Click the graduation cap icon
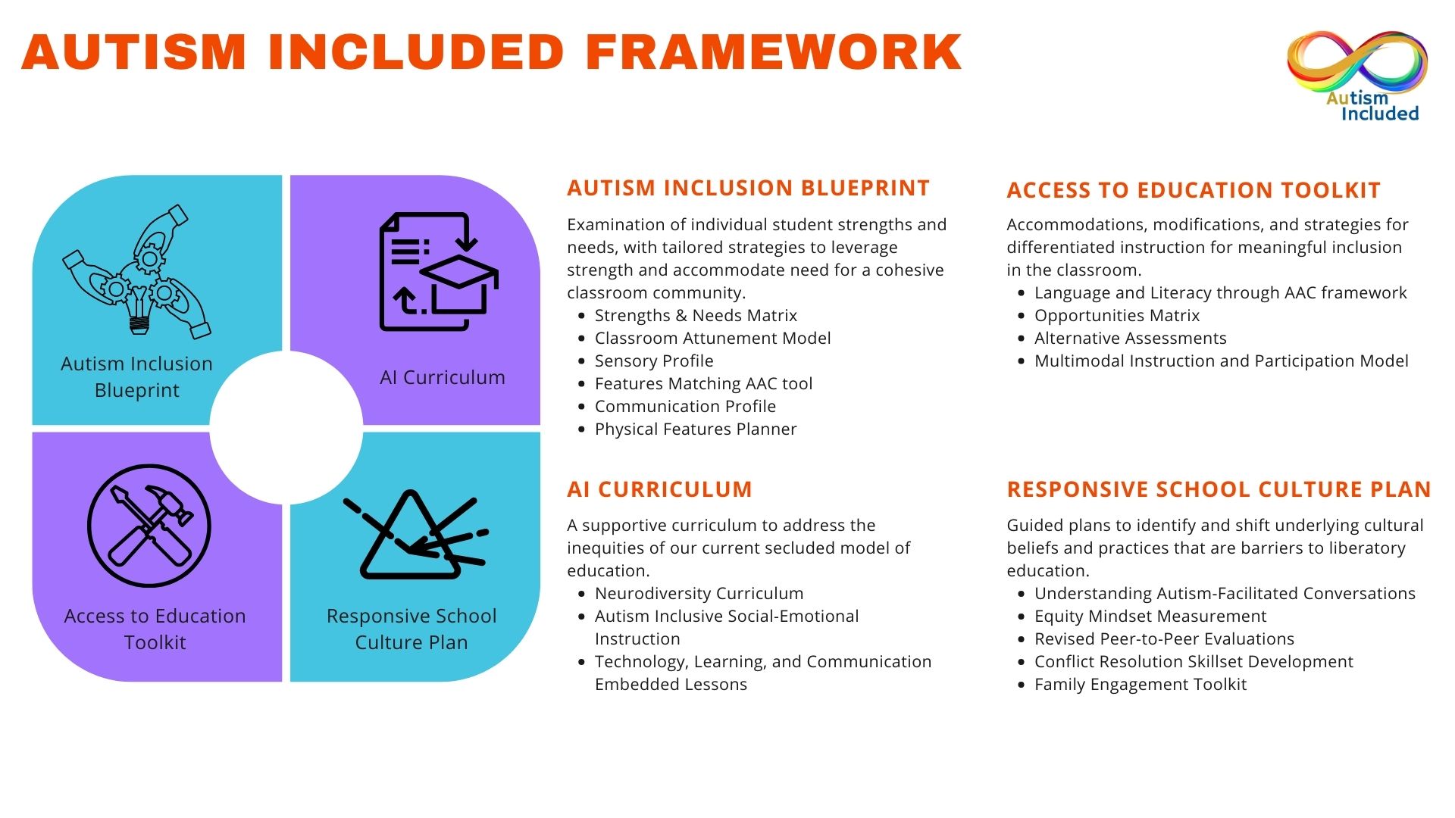(x=459, y=284)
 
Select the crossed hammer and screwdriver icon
(x=149, y=526)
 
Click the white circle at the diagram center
(x=286, y=427)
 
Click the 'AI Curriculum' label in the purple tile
(x=443, y=377)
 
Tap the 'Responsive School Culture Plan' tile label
(x=411, y=629)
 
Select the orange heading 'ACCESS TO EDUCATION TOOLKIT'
(x=1194, y=190)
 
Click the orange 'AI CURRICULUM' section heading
(x=659, y=489)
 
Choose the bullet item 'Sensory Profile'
(x=654, y=361)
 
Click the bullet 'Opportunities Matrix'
(x=1117, y=315)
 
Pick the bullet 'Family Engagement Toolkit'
(x=1141, y=684)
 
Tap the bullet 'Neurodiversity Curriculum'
(x=699, y=593)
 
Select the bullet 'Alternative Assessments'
(x=1131, y=338)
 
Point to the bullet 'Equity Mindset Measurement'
(x=1150, y=616)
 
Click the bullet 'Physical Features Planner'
(x=696, y=429)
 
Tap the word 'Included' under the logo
(x=1380, y=114)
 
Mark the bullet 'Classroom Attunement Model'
(x=713, y=338)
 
